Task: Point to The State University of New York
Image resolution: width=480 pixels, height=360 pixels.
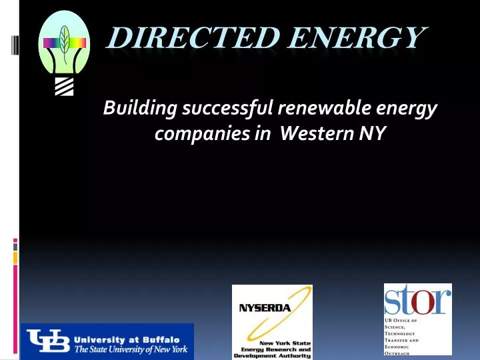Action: (x=131, y=349)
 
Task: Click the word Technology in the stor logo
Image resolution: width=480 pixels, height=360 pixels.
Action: (x=401, y=333)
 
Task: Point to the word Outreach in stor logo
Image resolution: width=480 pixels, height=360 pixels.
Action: (x=397, y=353)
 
